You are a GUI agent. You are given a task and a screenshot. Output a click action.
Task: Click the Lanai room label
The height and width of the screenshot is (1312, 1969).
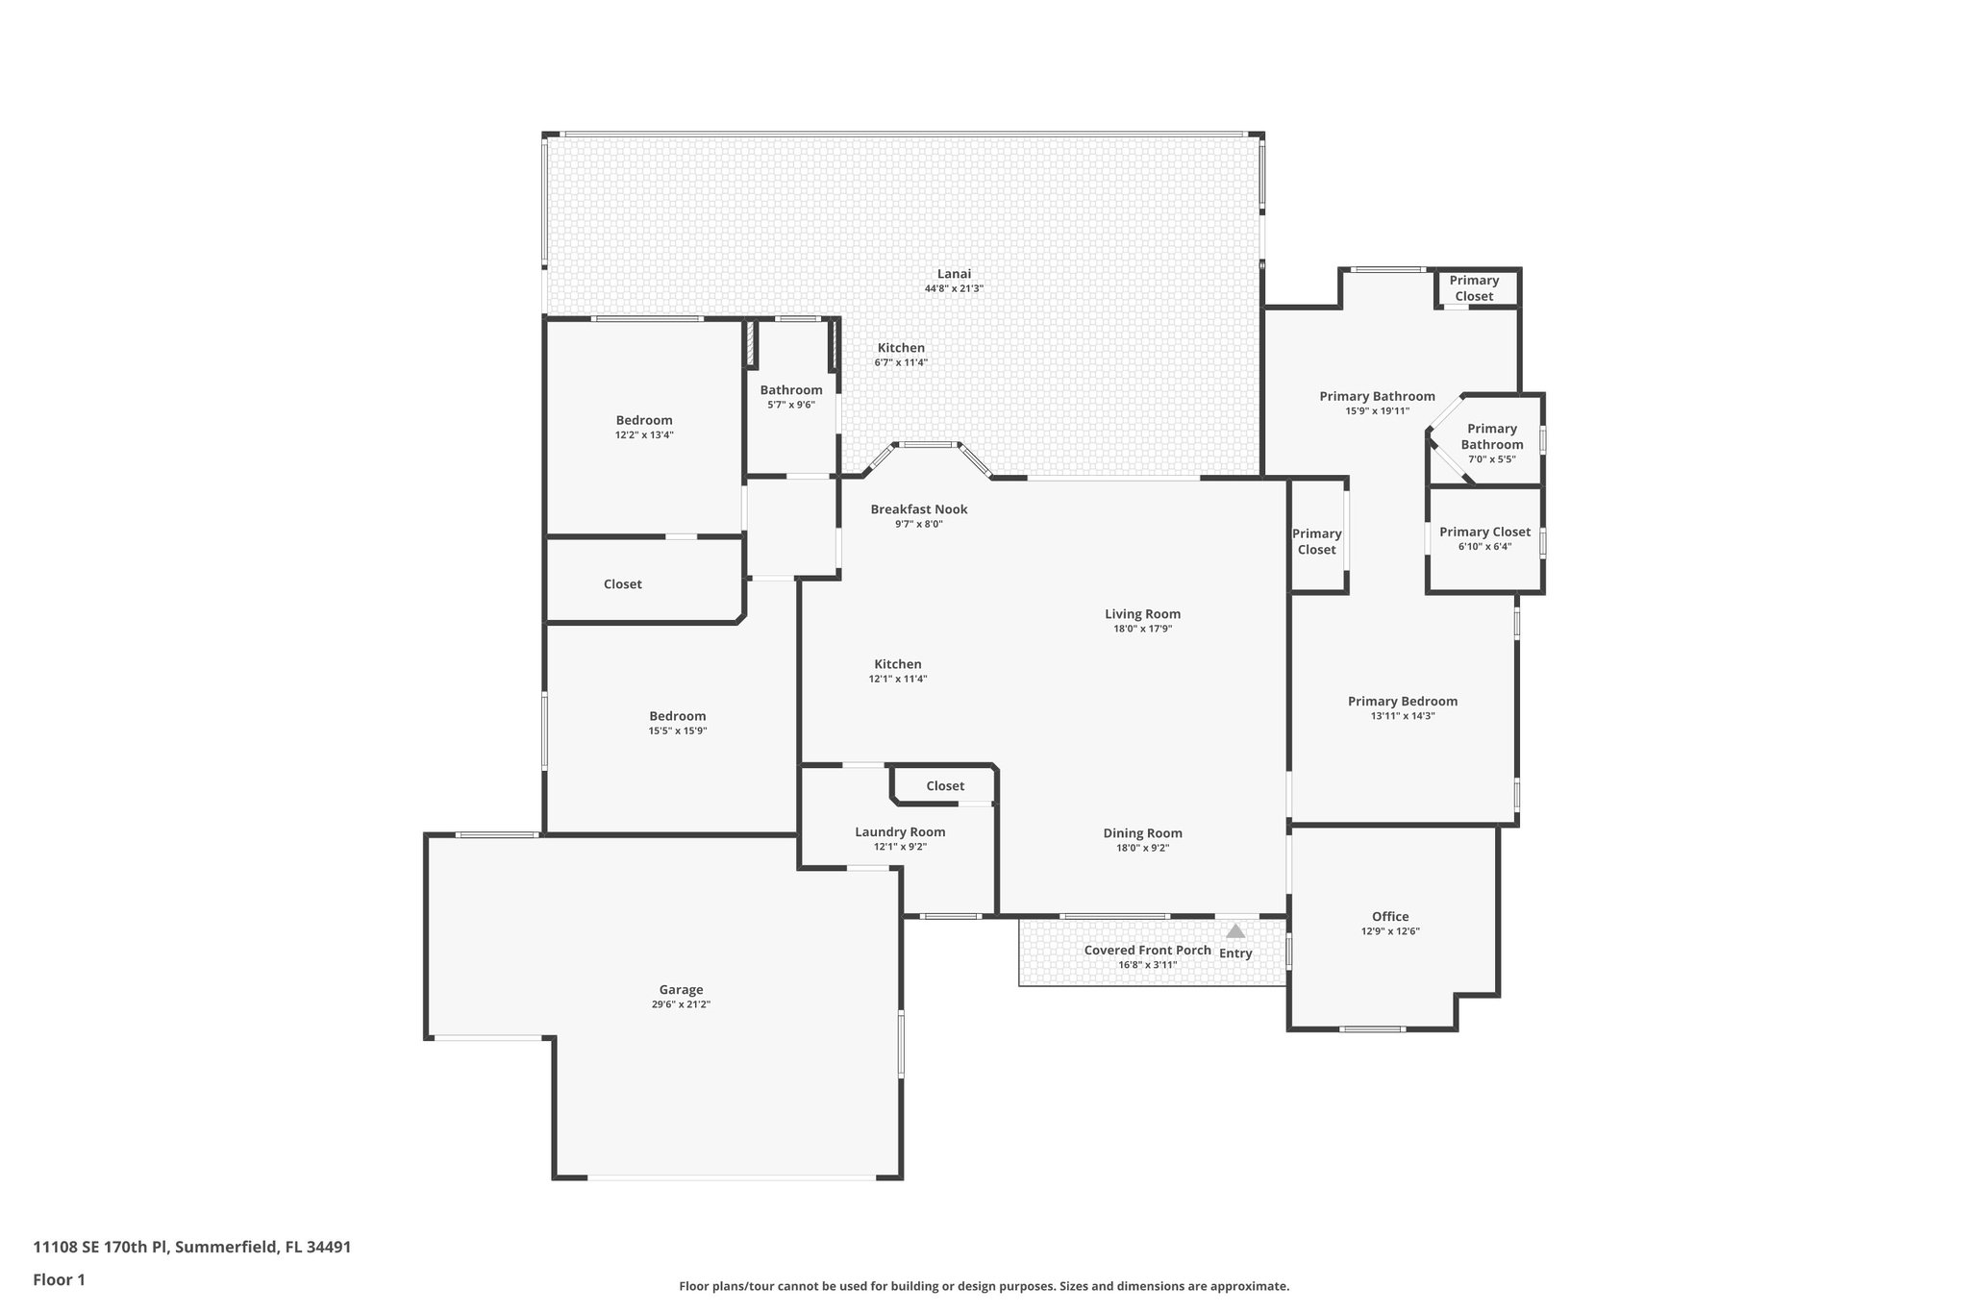954,274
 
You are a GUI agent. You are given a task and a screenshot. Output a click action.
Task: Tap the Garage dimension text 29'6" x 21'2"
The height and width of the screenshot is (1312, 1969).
681,1004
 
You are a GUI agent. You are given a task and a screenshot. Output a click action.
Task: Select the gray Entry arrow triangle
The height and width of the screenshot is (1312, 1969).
1235,931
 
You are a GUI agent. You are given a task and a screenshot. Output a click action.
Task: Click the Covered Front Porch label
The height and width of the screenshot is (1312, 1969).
1147,950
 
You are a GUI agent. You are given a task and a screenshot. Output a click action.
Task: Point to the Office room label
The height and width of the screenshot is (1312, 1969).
1390,916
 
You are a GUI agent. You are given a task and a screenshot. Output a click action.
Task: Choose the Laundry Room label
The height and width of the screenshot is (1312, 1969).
900,831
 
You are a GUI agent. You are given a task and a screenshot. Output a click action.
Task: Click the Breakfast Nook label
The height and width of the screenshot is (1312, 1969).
918,509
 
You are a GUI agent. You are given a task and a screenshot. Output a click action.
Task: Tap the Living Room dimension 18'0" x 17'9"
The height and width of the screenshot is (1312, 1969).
1142,629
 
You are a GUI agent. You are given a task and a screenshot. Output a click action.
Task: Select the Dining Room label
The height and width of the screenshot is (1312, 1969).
1142,833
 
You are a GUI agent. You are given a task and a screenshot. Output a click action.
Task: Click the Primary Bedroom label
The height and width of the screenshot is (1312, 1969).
1402,701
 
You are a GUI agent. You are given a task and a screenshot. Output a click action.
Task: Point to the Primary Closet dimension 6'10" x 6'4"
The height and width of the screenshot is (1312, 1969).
1484,547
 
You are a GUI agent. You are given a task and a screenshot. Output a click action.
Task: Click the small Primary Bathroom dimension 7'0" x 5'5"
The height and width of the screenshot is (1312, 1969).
1491,459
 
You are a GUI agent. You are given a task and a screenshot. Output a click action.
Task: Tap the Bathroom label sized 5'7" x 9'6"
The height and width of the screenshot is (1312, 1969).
790,389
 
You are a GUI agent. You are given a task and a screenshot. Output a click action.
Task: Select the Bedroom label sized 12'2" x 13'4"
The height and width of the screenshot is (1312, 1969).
644,420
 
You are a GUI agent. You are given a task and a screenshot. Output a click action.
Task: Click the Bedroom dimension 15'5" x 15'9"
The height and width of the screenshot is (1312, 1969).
677,730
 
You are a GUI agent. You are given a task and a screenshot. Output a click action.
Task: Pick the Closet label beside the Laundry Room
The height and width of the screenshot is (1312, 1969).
944,785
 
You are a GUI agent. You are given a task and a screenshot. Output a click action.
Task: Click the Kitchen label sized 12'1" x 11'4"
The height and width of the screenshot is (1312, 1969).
897,664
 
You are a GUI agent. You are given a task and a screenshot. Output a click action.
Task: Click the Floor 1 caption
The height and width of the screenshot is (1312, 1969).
59,1279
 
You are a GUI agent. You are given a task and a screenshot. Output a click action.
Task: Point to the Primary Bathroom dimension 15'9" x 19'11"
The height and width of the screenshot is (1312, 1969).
1377,411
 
